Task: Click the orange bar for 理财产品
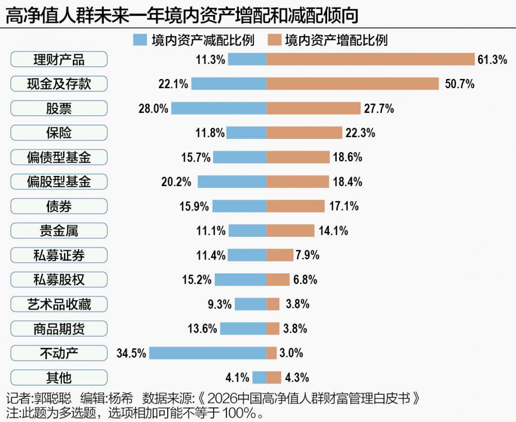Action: click(370, 59)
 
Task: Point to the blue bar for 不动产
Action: click(208, 353)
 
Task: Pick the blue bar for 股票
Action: click(219, 108)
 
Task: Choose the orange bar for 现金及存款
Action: click(352, 84)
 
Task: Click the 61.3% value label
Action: click(492, 59)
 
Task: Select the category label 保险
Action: click(59, 133)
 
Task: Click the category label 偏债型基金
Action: click(59, 157)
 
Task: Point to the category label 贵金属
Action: click(59, 231)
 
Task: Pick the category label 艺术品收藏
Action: click(59, 304)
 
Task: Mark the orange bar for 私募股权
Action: click(278, 280)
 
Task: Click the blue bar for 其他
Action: click(260, 378)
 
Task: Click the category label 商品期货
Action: click(59, 329)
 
